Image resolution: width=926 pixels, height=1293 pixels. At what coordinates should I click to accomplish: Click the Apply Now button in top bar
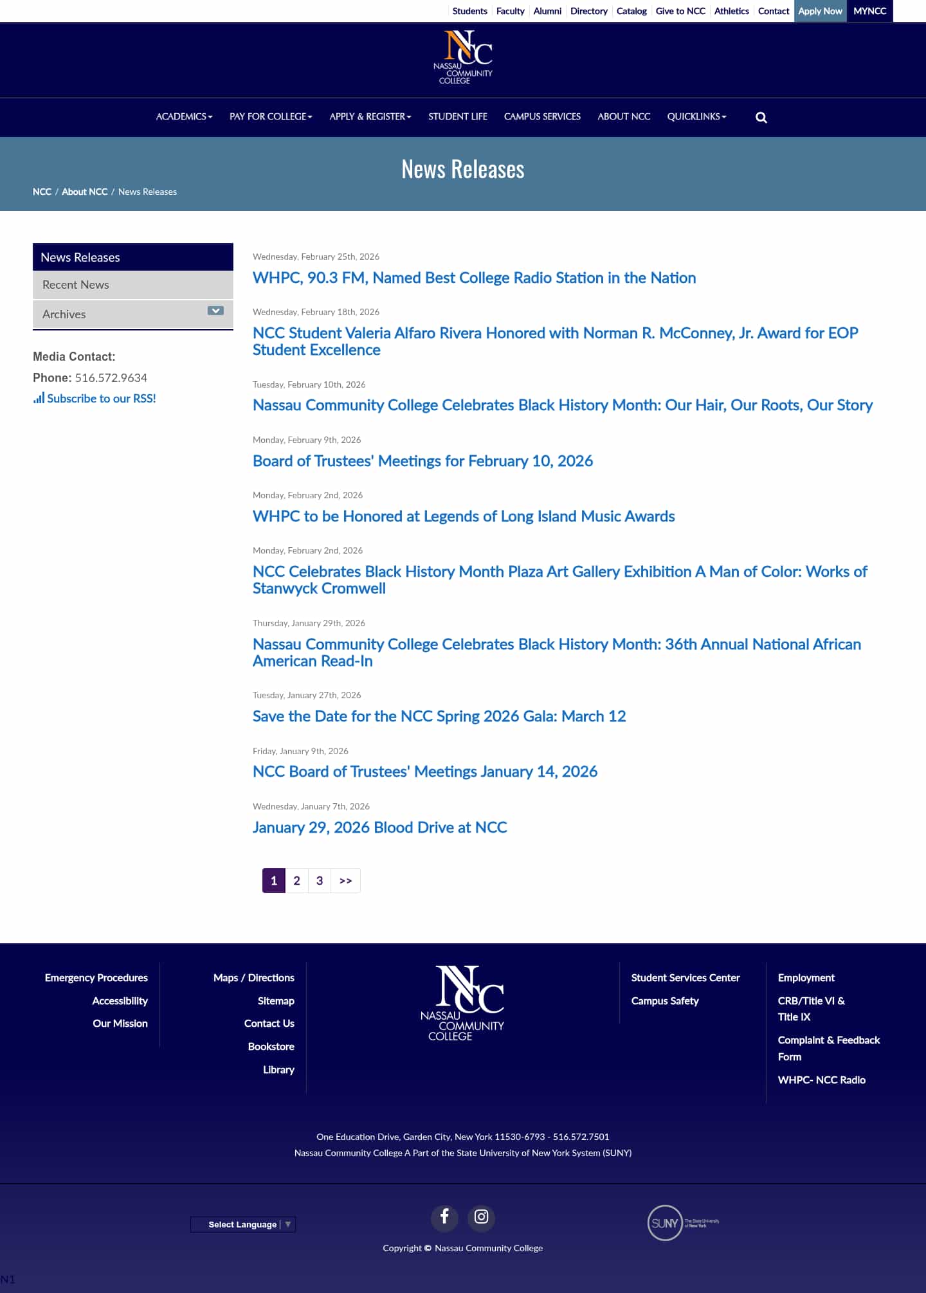[820, 11]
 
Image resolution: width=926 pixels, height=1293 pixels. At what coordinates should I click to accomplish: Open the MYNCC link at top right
[869, 11]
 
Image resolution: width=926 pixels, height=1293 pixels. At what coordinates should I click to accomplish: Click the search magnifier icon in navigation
[761, 117]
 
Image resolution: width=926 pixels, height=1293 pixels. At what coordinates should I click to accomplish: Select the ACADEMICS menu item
[184, 116]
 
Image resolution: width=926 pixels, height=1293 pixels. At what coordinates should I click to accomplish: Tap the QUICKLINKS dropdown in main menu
[696, 116]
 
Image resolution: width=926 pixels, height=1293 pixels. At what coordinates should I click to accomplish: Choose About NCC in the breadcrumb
[84, 192]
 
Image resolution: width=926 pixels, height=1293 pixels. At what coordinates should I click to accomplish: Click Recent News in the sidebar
[76, 285]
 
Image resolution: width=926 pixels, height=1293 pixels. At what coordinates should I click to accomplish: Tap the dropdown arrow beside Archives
[215, 311]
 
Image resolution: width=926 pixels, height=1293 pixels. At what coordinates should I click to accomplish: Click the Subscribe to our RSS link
[101, 399]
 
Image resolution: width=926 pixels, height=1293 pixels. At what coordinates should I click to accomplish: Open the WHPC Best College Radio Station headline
[474, 278]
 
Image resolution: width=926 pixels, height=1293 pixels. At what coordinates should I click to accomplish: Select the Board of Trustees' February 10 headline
[422, 461]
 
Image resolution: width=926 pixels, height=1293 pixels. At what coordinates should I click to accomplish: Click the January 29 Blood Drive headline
[379, 827]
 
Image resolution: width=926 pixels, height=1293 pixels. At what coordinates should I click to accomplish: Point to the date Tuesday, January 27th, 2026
[307, 695]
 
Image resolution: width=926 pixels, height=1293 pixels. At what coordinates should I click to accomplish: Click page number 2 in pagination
[296, 881]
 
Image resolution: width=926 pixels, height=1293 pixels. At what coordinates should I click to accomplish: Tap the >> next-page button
[345, 881]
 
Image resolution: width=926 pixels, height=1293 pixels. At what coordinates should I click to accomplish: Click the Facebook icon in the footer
[444, 1216]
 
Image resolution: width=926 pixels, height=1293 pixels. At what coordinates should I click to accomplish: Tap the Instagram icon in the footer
[481, 1216]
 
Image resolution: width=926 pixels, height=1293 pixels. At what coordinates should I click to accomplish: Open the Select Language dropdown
[243, 1224]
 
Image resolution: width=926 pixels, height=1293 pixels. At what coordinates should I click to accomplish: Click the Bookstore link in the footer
[271, 1047]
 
